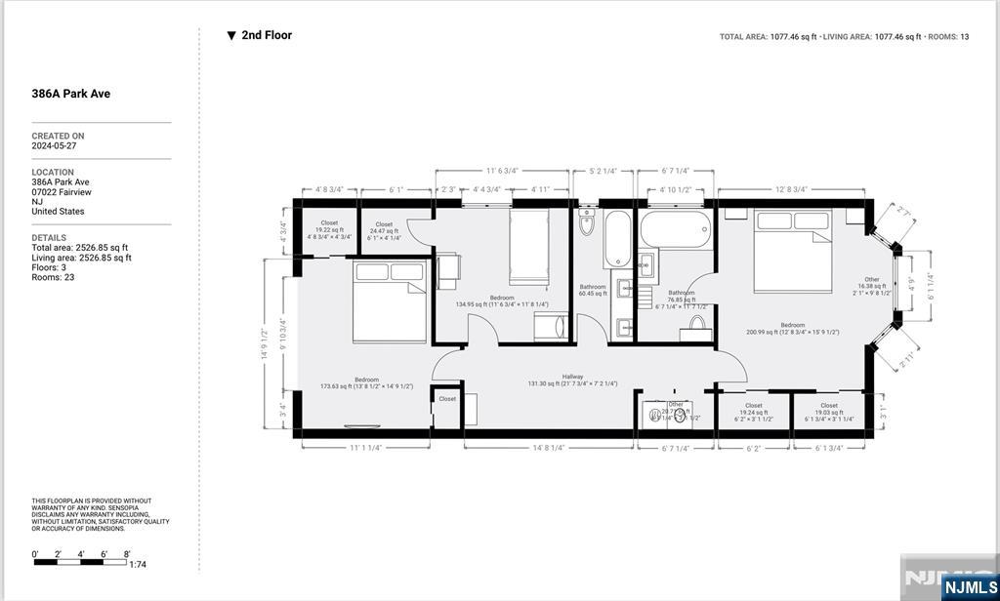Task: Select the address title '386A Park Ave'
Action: pyautogui.click(x=70, y=94)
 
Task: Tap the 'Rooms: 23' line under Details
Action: pyautogui.click(x=53, y=277)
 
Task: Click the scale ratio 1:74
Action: pyautogui.click(x=137, y=564)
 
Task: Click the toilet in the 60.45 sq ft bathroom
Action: pyautogui.click(x=587, y=223)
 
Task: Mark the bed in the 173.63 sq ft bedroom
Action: pyautogui.click(x=390, y=301)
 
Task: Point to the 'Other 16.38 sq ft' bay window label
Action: pyautogui.click(x=871, y=285)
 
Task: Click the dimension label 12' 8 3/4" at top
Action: pyautogui.click(x=790, y=189)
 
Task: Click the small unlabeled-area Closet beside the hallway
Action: pyautogui.click(x=447, y=399)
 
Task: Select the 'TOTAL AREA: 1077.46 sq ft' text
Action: pyautogui.click(x=767, y=37)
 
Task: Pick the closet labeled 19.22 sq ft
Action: pyautogui.click(x=329, y=229)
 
